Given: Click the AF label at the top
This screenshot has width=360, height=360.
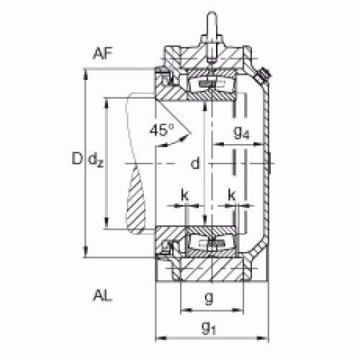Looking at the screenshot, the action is [103, 53].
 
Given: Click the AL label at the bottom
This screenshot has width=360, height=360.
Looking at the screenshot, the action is [102, 295].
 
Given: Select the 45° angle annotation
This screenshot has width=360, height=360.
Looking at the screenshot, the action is [161, 130].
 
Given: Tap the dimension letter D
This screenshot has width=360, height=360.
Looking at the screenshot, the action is [77, 158].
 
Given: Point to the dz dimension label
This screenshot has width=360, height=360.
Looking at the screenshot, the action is [96, 159].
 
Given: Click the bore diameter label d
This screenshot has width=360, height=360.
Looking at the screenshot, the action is [195, 163].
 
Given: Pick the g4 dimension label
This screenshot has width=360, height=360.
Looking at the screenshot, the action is [241, 132].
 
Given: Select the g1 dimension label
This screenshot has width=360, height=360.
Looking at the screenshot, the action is [209, 328].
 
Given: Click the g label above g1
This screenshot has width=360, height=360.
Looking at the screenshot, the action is [209, 298].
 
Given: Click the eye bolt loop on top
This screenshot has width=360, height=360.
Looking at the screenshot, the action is [212, 23].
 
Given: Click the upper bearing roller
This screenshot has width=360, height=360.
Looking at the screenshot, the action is [211, 84].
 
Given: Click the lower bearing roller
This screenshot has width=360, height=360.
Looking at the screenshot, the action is [211, 243].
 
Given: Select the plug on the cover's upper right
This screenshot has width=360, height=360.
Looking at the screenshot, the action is [262, 75].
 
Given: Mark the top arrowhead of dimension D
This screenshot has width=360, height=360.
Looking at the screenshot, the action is [85, 74].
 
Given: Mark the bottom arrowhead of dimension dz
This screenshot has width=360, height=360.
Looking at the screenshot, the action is [107, 223].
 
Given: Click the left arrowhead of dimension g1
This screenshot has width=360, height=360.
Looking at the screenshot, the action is [161, 338].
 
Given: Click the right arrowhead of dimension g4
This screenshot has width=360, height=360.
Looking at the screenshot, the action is [258, 144].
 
